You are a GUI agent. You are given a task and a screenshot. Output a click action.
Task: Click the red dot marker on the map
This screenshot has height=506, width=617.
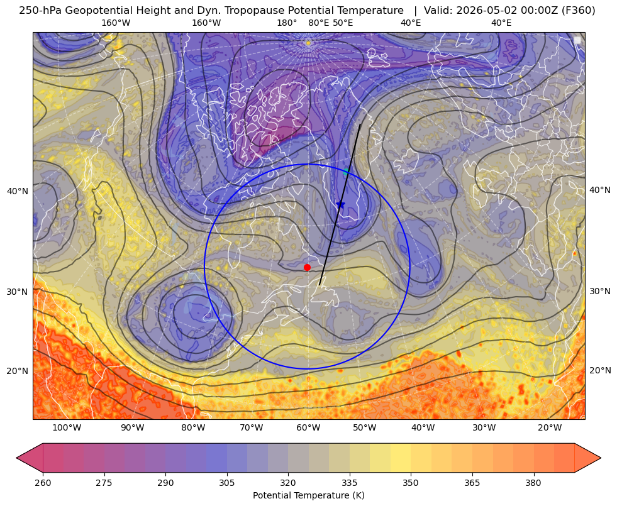[x=308, y=267]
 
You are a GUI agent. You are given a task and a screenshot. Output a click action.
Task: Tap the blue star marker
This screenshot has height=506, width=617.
[x=340, y=204]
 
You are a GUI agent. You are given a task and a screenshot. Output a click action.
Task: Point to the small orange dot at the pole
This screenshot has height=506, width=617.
[x=308, y=43]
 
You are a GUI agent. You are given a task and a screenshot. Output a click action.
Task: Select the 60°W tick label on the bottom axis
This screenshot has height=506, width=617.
[x=308, y=428]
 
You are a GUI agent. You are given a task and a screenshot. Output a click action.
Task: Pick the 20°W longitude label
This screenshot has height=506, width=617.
[x=550, y=428]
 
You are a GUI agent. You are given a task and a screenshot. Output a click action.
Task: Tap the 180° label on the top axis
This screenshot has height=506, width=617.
[x=287, y=23]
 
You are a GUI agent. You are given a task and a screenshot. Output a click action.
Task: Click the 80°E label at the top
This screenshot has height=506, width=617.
[x=319, y=23]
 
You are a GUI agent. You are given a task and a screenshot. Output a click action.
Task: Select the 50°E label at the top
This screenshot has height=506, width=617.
[x=343, y=23]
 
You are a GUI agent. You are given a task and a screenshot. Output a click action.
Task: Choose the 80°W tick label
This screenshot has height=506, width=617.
[x=193, y=428]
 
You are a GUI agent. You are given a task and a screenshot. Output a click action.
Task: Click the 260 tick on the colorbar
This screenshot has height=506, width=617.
[x=43, y=483]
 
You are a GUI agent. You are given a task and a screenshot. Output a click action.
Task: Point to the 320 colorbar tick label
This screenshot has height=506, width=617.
[x=288, y=483]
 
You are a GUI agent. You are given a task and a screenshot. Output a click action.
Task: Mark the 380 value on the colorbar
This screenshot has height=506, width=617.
[x=533, y=483]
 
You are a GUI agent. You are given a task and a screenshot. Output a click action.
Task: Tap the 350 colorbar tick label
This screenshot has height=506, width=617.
[x=411, y=483]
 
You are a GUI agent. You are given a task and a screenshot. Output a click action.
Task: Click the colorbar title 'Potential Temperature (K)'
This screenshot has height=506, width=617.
[x=309, y=495]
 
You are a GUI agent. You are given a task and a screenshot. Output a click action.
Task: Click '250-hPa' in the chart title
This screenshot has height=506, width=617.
[x=40, y=11]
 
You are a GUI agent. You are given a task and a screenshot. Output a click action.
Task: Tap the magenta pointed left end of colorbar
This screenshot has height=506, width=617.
[x=30, y=458]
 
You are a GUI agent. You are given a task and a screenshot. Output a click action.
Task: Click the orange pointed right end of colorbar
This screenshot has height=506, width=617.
[x=587, y=458]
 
